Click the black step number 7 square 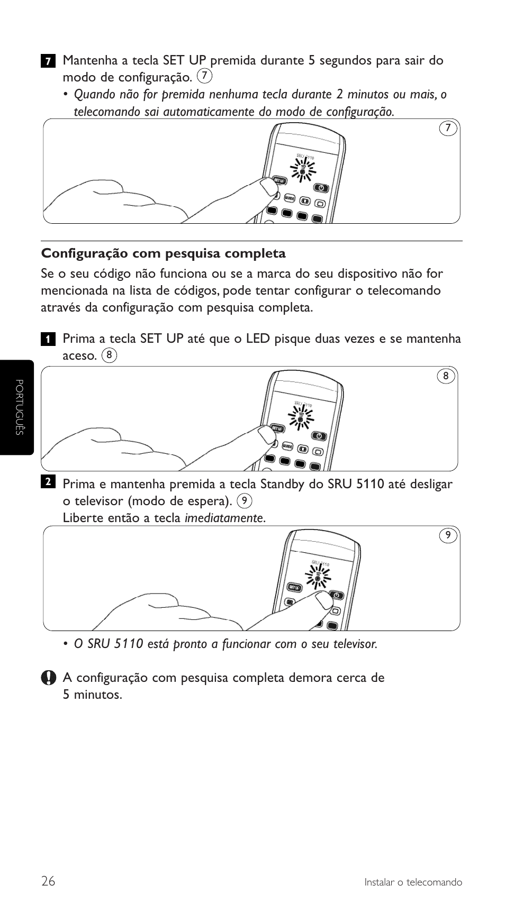48,61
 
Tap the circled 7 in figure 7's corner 448,129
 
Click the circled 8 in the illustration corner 446,376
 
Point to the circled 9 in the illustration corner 448,535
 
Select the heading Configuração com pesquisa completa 164,253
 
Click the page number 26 48,881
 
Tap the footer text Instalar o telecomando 413,882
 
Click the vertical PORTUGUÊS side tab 18,407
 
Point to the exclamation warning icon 48,678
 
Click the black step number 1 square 48,339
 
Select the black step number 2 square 48,481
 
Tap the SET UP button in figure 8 277,428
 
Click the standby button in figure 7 321,188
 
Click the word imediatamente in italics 224,518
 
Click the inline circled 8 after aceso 109,355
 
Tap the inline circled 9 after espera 244,500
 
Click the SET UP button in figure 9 294,587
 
